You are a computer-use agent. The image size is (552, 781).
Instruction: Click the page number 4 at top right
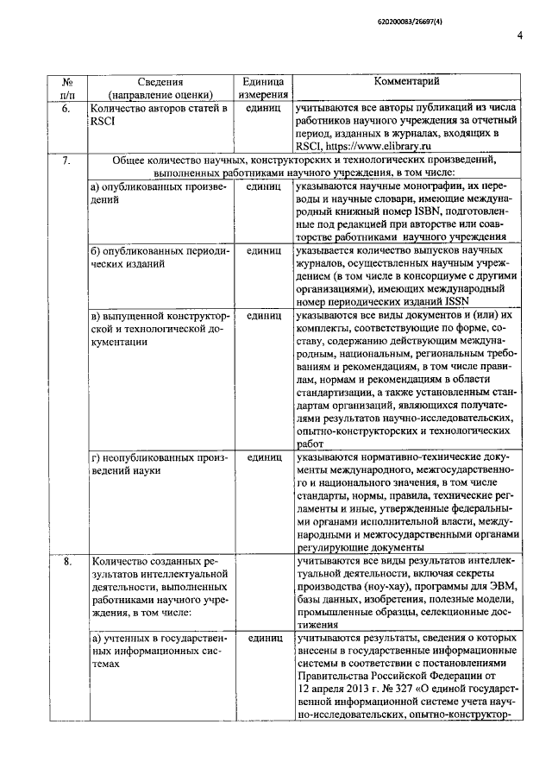(x=521, y=35)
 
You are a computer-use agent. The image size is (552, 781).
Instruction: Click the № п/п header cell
(x=67, y=88)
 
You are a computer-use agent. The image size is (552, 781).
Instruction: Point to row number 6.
(x=67, y=110)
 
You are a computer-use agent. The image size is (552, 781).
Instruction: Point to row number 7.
(x=67, y=160)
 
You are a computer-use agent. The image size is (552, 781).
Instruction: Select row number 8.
(x=67, y=562)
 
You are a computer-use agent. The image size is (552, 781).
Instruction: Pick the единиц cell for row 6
(x=264, y=110)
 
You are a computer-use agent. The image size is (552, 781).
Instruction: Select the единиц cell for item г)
(x=264, y=457)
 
